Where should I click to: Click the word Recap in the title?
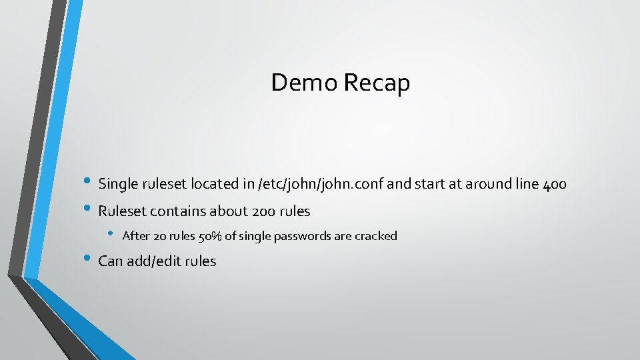tap(377, 84)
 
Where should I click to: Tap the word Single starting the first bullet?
tap(118, 183)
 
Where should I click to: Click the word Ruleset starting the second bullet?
tap(123, 211)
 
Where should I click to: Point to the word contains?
tap(178, 211)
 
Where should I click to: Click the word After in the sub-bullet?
tap(136, 236)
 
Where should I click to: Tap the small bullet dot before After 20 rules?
tap(111, 235)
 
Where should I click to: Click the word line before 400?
tap(527, 183)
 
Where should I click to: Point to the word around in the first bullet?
tap(487, 183)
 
